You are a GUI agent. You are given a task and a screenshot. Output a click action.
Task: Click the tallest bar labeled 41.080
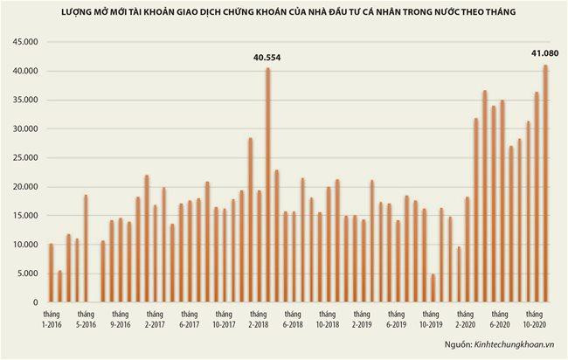click(545, 183)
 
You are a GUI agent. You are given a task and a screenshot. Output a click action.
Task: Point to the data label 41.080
click(545, 53)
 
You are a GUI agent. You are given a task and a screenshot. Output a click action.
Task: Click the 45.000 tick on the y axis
click(24, 42)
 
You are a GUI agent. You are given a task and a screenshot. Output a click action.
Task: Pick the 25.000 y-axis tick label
click(24, 158)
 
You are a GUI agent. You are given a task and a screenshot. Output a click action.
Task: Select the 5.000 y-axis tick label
click(26, 273)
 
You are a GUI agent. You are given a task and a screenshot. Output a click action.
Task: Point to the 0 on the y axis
click(34, 302)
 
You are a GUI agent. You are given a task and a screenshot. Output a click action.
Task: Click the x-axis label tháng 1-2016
click(52, 319)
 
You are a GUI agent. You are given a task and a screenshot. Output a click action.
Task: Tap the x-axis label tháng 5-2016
click(86, 319)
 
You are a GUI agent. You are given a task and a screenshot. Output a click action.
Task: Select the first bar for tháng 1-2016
click(51, 273)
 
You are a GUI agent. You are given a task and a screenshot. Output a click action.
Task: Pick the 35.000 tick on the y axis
click(24, 100)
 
